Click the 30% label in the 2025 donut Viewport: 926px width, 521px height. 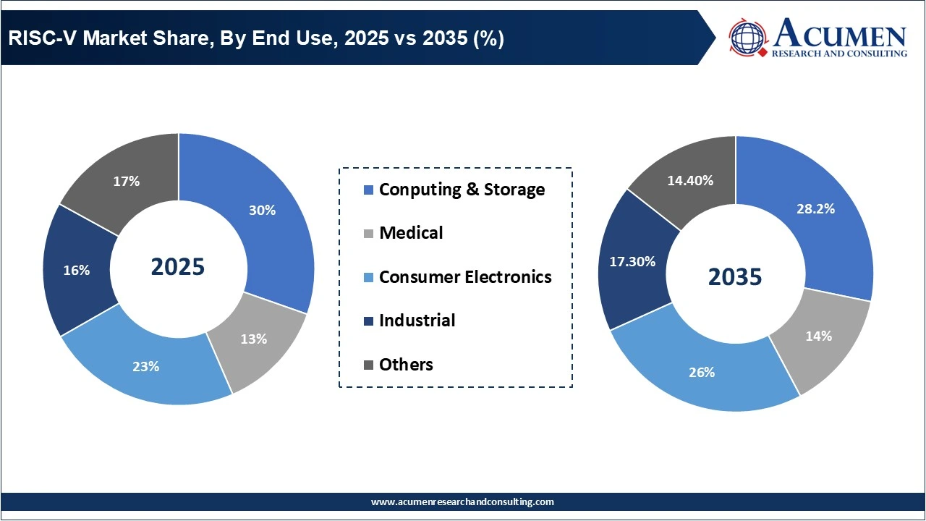coord(263,211)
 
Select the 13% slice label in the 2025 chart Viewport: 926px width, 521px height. coord(254,339)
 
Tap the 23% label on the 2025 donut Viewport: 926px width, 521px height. coord(145,366)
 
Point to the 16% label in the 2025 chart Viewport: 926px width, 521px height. coord(77,270)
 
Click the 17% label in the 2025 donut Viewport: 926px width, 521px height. coord(127,182)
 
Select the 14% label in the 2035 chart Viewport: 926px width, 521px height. coord(819,336)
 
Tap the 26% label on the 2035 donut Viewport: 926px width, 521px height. coord(702,372)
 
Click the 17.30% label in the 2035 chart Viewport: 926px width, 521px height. coord(632,261)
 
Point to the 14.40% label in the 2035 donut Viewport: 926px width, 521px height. coord(690,180)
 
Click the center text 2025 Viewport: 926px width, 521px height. coord(178,267)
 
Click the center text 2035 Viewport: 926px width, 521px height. coord(735,276)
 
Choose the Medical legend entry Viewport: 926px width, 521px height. coord(411,233)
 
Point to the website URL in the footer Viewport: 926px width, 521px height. coord(462,501)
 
